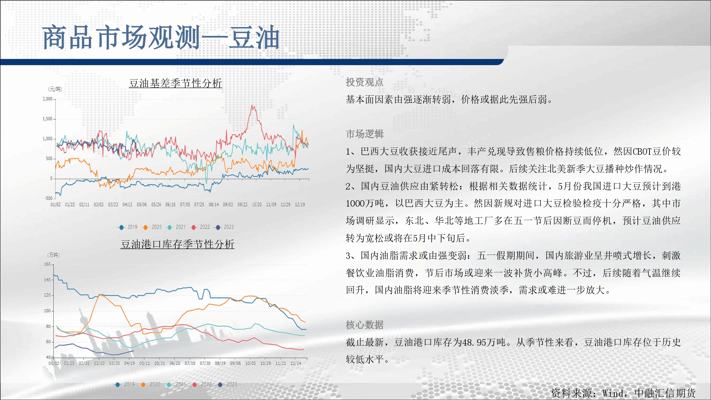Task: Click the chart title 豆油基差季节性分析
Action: [176, 83]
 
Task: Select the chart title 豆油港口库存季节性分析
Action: [177, 244]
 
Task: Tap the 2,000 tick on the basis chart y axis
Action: [47, 99]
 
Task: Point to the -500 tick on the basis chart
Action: [48, 198]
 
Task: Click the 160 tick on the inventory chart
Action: [47, 264]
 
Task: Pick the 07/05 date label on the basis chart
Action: [185, 205]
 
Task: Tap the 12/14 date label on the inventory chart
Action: [296, 363]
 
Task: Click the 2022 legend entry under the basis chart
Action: [201, 227]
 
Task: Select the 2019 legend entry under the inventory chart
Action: [125, 384]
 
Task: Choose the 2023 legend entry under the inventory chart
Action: [227, 384]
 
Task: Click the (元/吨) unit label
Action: [55, 89]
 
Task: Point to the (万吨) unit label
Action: [54, 255]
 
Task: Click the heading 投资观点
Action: [365, 82]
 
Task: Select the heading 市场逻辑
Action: [365, 134]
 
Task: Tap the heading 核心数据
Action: [365, 325]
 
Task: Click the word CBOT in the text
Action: [642, 151]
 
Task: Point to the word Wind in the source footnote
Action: [613, 393]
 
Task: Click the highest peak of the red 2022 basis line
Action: [252, 105]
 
